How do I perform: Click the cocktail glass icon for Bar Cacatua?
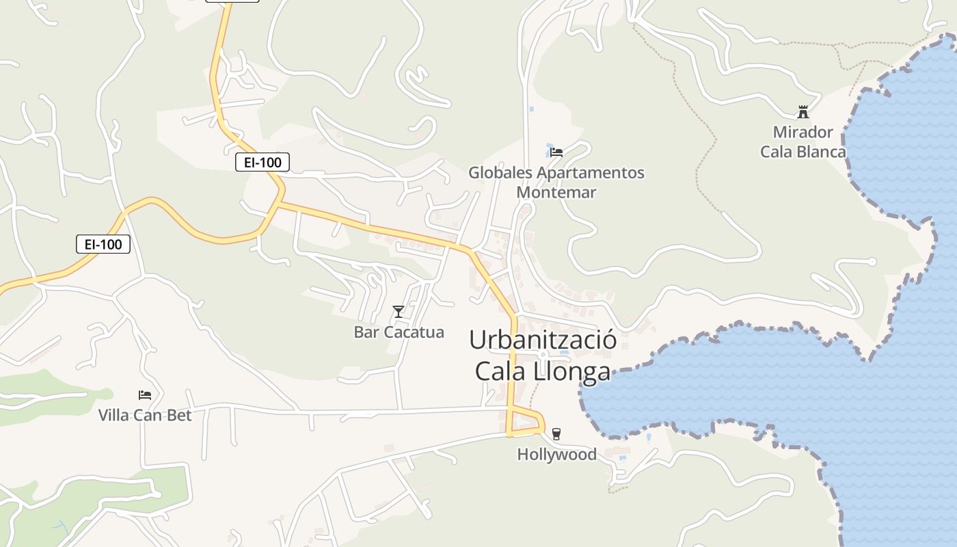399,312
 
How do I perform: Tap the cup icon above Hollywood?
556,433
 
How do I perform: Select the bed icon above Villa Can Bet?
145,395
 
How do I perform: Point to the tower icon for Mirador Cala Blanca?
803,112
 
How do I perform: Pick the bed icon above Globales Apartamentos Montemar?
556,152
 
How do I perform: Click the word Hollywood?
556,454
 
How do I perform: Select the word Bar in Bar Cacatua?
366,332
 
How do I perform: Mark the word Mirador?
803,132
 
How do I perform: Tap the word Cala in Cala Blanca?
775,152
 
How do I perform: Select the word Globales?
500,172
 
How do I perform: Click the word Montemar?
556,192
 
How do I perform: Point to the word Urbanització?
543,340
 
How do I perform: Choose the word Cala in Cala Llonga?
500,371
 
